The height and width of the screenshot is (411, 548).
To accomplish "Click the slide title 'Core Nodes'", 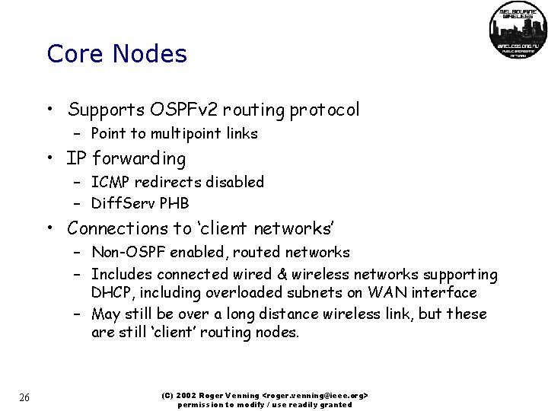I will click(116, 54).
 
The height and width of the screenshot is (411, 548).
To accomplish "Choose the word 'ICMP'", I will click(110, 183).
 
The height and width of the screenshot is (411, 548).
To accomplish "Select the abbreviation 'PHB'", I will click(172, 204).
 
